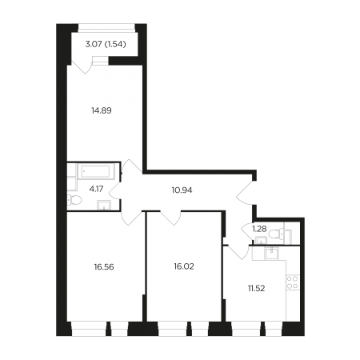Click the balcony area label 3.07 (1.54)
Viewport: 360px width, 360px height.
coord(106,44)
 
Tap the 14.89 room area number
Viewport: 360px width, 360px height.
coord(102,110)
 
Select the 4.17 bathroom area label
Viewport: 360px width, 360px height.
coord(96,189)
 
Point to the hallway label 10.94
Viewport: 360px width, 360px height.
coord(182,190)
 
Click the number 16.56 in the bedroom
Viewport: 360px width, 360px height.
coord(104,266)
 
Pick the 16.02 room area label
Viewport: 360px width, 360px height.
coord(184,266)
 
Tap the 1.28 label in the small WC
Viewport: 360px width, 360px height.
coord(259,229)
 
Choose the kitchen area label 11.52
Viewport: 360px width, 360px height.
coord(256,288)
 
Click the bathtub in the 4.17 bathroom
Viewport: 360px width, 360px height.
coord(96,171)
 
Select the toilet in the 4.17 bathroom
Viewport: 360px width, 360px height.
coord(74,200)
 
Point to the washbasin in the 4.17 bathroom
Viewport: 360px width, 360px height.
coord(104,205)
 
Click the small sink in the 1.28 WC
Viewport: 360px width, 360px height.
coord(261,241)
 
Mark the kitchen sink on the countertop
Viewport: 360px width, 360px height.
coord(271,254)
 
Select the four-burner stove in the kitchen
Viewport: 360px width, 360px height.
coord(293,282)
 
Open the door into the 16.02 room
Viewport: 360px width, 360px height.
coord(170,218)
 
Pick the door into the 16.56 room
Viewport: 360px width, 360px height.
coord(131,218)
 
